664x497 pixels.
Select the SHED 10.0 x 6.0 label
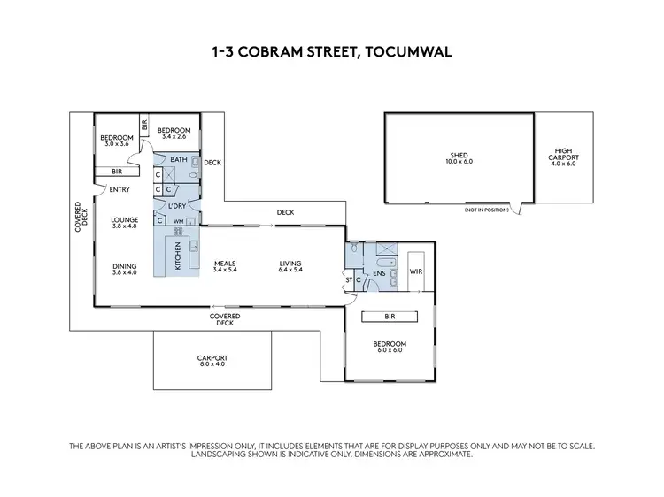[x=459, y=158]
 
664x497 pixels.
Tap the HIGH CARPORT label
[x=563, y=157]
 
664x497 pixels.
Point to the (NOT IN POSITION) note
[x=487, y=211]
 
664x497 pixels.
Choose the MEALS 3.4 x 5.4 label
[x=226, y=265]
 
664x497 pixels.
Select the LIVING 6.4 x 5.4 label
[x=290, y=265]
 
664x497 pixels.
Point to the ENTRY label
[x=120, y=189]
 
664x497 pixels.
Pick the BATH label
[x=178, y=160]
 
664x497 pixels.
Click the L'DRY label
[x=178, y=206]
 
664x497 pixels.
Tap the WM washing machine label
[x=178, y=221]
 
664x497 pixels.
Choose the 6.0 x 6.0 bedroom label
[x=390, y=347]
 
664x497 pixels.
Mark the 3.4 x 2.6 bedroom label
[x=174, y=134]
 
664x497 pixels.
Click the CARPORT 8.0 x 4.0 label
[x=212, y=360]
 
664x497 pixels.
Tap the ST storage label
[x=350, y=280]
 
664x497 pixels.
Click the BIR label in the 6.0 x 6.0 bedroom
[x=390, y=315]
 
